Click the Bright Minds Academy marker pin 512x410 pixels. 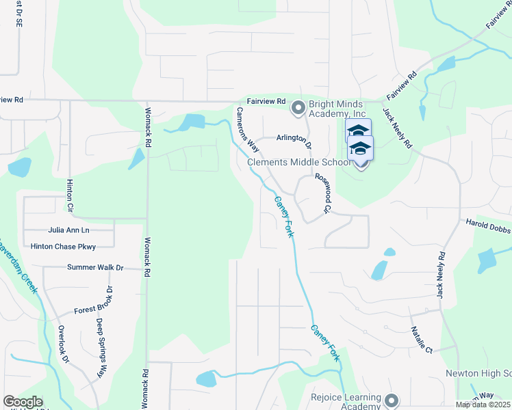[298, 108]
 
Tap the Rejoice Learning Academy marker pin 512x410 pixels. [392, 400]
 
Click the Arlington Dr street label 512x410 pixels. [294, 140]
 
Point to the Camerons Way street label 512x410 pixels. [248, 128]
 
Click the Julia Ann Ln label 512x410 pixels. [69, 231]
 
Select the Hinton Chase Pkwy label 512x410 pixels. [64, 246]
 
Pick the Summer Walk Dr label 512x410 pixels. [95, 267]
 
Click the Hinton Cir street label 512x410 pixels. [70, 195]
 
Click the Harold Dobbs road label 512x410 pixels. [488, 230]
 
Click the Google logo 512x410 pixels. [23, 402]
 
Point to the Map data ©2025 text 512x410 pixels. [483, 405]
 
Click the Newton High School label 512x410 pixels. [478, 373]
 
